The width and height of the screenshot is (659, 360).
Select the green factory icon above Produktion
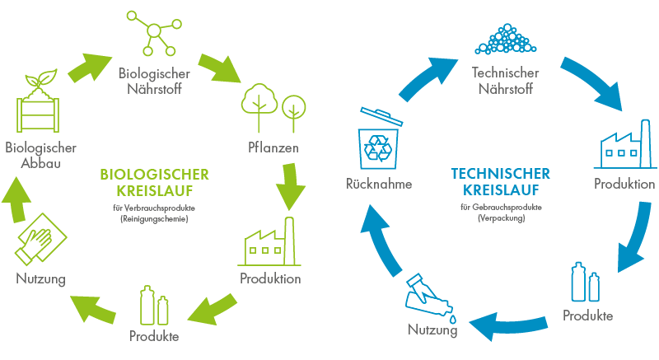tap(270, 241)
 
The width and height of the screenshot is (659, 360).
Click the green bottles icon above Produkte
tap(154, 305)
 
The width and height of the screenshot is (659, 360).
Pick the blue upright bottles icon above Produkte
tap(586, 283)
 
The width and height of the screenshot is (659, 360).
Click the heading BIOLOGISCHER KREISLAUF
tap(154, 181)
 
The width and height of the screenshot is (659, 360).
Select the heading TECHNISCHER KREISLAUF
tap(501, 181)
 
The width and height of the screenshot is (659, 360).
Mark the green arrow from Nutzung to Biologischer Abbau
tap(24, 198)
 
